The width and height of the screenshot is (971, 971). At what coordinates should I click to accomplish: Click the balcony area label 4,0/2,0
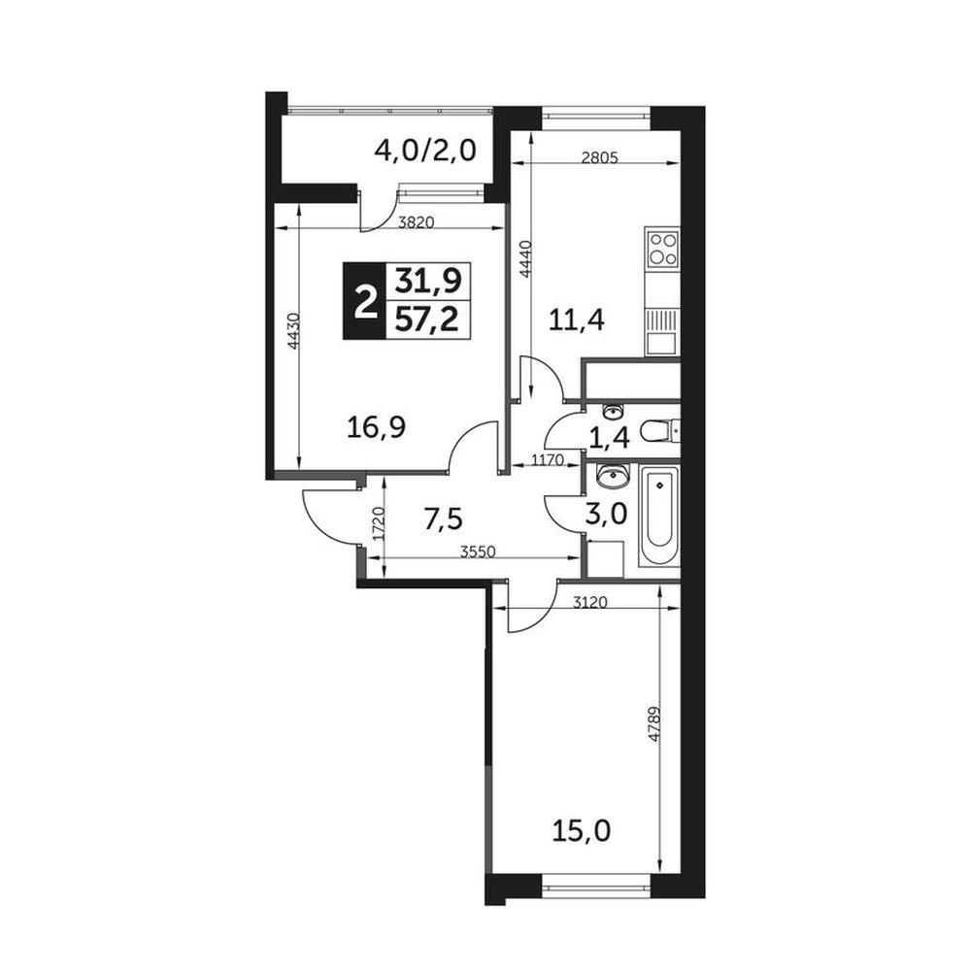click(x=425, y=151)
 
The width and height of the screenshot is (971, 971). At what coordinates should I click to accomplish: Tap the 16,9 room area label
click(x=376, y=427)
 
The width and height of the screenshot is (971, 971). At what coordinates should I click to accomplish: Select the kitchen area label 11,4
click(x=577, y=320)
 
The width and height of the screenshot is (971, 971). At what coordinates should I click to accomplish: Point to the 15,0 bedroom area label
click(x=581, y=830)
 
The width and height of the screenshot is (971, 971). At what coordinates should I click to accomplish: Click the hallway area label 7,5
click(x=444, y=519)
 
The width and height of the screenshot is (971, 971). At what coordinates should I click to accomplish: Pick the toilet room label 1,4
click(x=610, y=439)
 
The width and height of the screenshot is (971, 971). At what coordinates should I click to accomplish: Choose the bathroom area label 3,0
click(x=607, y=514)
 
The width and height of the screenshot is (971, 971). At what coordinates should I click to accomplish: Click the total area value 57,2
click(x=427, y=320)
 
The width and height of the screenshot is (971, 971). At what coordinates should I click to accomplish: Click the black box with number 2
click(x=365, y=301)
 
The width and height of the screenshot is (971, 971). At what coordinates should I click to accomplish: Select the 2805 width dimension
click(x=600, y=157)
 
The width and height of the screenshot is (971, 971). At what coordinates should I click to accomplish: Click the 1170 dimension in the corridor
click(x=546, y=459)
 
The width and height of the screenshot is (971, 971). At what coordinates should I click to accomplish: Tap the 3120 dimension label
click(x=590, y=602)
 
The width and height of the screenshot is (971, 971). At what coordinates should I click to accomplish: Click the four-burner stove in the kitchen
click(x=662, y=249)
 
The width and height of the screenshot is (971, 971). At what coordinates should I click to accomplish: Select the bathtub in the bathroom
click(x=659, y=516)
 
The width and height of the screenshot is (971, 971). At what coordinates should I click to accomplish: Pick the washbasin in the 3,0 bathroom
click(x=613, y=475)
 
